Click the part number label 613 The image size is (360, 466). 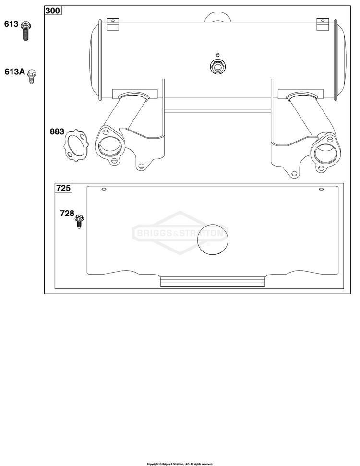[x=12, y=24]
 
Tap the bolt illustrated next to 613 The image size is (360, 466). [x=26, y=31]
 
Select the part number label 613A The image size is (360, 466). [x=14, y=72]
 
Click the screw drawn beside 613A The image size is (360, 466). [x=32, y=76]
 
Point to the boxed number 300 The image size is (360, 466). [x=53, y=11]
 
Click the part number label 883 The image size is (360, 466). [x=57, y=131]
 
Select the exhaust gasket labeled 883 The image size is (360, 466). [x=76, y=145]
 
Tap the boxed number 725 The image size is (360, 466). [x=64, y=188]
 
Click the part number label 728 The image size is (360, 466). [x=67, y=214]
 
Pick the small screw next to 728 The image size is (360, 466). [x=79, y=221]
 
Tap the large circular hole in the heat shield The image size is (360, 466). [x=213, y=239]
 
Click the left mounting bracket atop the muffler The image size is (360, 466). [x=113, y=24]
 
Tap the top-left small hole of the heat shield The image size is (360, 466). [x=104, y=189]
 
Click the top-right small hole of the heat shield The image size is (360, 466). [x=321, y=189]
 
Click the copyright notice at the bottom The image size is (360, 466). [x=180, y=464]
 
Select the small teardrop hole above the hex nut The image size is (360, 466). [x=217, y=55]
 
